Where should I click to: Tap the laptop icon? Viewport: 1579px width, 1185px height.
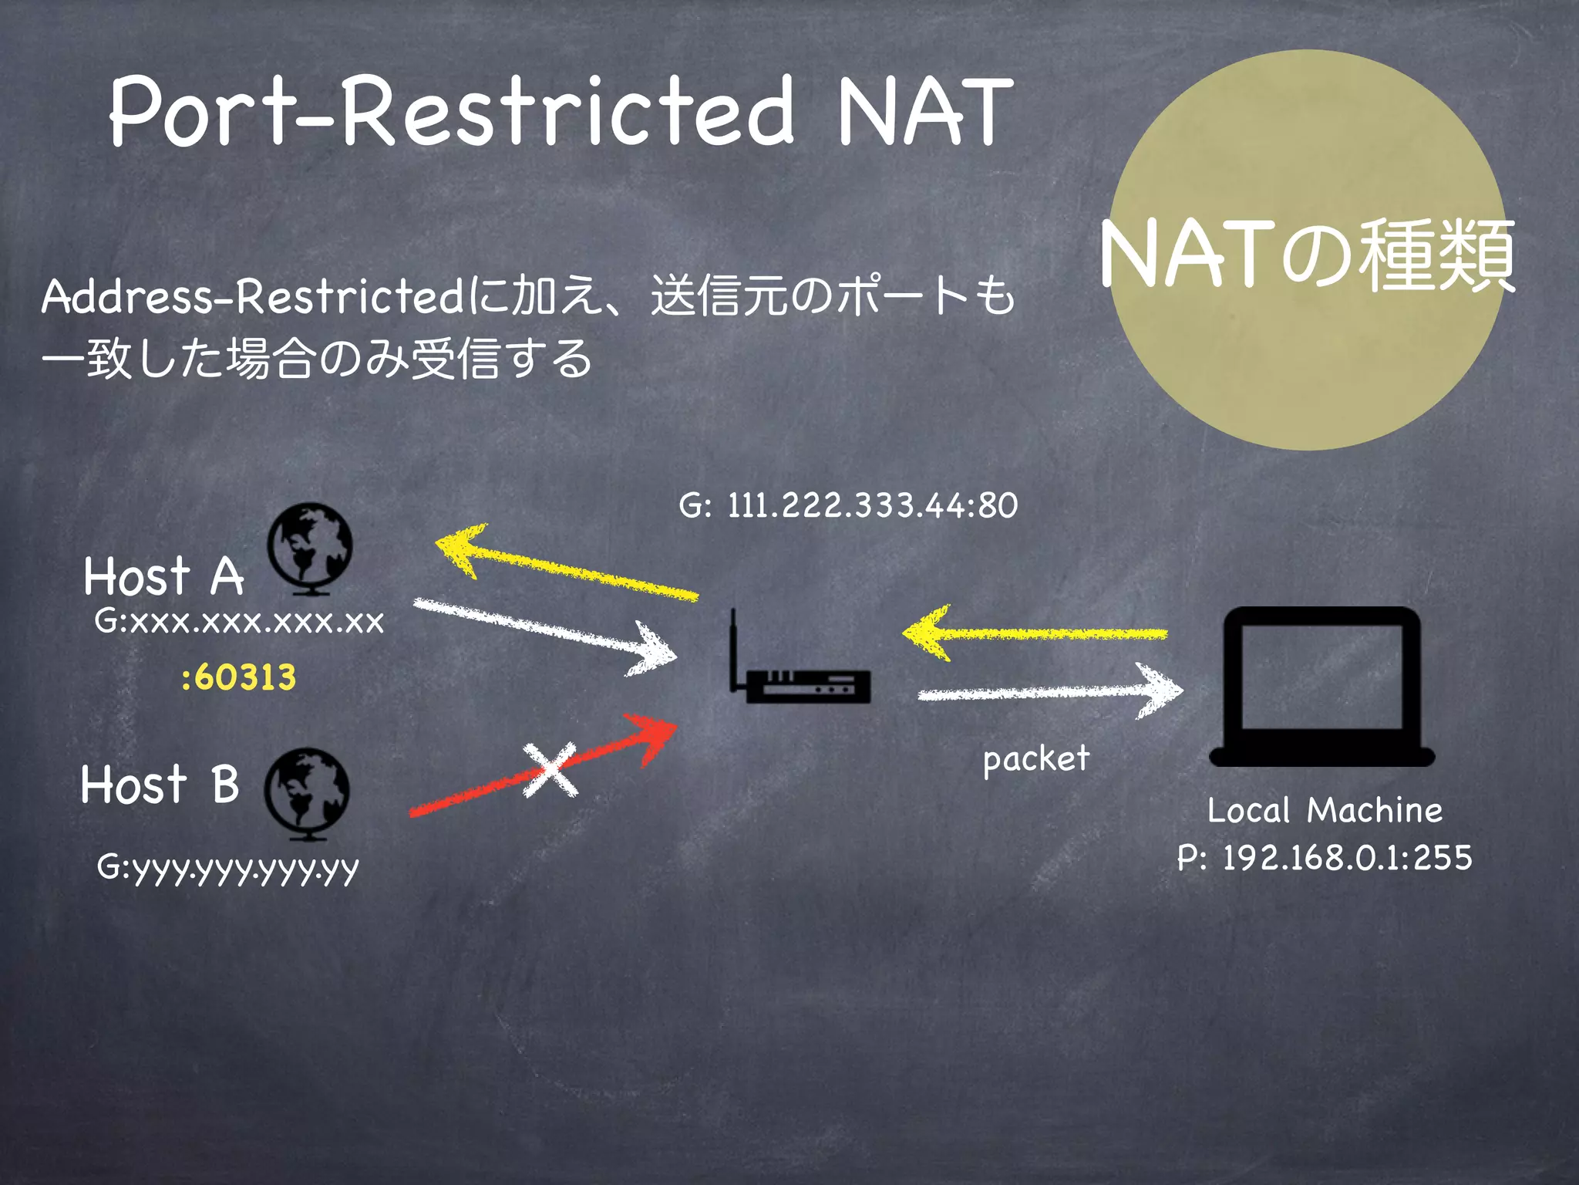(1321, 687)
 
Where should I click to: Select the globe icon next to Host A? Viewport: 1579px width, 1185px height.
(310, 549)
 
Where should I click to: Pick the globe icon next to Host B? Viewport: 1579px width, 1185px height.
(307, 794)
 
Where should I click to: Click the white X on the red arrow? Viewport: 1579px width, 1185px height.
(550, 769)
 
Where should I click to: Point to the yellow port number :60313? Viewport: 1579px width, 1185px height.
(239, 678)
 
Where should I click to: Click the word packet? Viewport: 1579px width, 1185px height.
(1036, 759)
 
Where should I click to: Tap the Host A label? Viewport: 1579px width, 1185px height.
(163, 576)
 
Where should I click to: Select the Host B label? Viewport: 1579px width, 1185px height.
(160, 785)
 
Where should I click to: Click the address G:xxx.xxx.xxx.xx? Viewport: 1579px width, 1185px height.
(239, 622)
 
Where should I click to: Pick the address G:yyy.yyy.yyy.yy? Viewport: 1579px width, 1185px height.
(228, 869)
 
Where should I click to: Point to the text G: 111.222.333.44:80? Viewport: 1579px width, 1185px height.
(848, 505)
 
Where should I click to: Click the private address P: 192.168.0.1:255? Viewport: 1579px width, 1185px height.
(1325, 858)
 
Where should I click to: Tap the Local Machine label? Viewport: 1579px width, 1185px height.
(1325, 811)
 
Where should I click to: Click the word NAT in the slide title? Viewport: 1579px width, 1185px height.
(925, 113)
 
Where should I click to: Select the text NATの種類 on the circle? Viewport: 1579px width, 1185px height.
(1308, 255)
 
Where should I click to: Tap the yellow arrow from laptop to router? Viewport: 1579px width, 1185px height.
(1035, 633)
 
